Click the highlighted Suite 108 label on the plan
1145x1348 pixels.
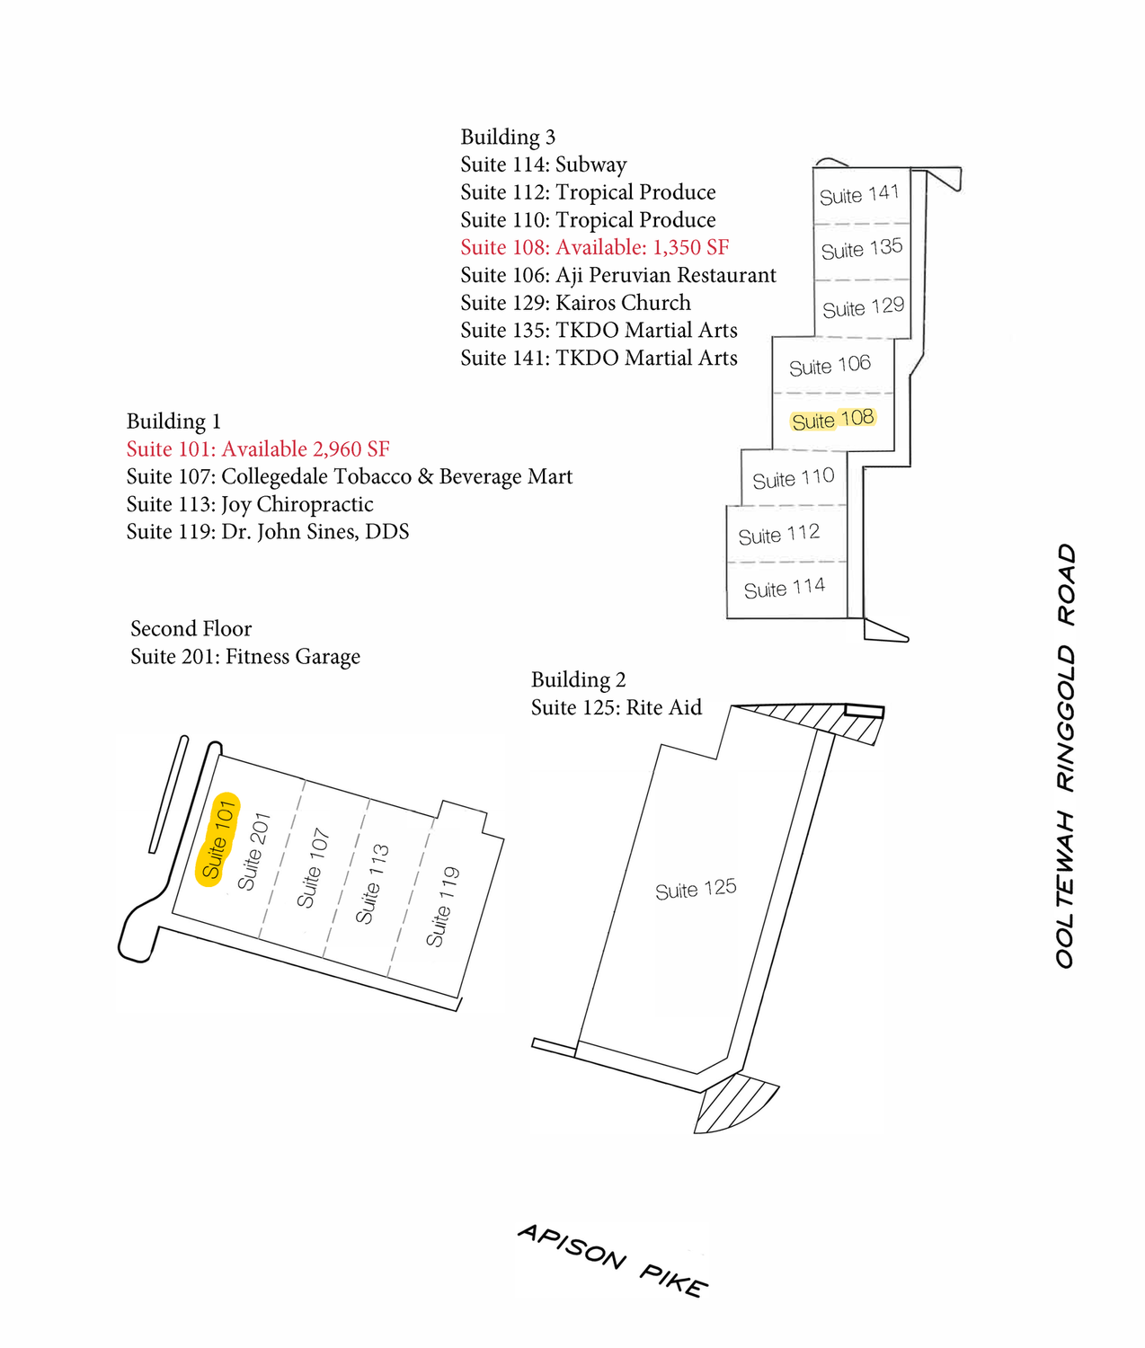point(832,420)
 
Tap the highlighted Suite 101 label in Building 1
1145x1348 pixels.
point(218,840)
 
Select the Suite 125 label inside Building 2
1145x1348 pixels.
point(696,890)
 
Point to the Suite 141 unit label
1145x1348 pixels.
point(859,195)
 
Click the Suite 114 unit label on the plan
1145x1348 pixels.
point(784,589)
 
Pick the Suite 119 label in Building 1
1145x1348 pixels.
point(443,907)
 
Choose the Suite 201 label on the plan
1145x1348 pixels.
point(254,852)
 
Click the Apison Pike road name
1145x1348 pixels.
point(613,1260)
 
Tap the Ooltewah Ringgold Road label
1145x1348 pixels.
point(1066,755)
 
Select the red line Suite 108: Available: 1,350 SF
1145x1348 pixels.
point(594,247)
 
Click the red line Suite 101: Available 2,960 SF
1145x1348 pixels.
point(258,449)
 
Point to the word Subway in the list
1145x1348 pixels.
point(590,164)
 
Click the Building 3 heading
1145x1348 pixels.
point(508,137)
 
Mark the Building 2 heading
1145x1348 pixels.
point(578,679)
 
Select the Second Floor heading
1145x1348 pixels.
point(191,628)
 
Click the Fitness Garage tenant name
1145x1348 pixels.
point(292,657)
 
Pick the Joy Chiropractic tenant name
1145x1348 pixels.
point(297,504)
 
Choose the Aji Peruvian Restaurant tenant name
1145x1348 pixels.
point(665,275)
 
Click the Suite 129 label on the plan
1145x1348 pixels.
point(863,307)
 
